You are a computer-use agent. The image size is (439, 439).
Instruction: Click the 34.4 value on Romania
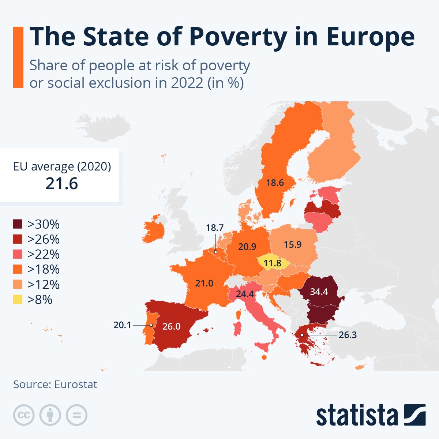coord(319,292)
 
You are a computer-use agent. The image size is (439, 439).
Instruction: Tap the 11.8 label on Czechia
coord(272,263)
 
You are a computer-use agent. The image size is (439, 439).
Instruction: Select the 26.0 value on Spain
coord(171,326)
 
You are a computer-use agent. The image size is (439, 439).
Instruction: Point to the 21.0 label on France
coord(204,283)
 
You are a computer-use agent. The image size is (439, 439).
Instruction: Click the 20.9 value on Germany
coord(247,247)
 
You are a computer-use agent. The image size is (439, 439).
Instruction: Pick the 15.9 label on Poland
coord(293,244)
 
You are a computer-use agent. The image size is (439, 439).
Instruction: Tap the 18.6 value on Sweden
coord(275,183)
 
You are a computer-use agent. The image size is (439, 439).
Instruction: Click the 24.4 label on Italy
coord(245,294)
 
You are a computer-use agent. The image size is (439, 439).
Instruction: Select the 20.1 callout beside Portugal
coord(122,325)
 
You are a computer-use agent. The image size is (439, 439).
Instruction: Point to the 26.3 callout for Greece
coord(348,335)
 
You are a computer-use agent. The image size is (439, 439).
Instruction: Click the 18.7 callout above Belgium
coord(214,228)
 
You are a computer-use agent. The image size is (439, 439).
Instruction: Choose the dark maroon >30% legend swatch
coord(18,224)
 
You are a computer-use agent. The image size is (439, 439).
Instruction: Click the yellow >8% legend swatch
coord(18,300)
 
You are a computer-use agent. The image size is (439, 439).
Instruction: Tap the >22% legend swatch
coord(18,254)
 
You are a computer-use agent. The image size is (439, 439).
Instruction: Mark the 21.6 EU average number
coord(62,183)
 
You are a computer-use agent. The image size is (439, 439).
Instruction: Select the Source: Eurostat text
coord(55,384)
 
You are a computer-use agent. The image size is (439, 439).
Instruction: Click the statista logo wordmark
coord(357,416)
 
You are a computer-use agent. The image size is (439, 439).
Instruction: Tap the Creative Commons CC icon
coord(24,415)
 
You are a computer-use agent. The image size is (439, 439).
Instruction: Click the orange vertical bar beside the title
coord(18,57)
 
